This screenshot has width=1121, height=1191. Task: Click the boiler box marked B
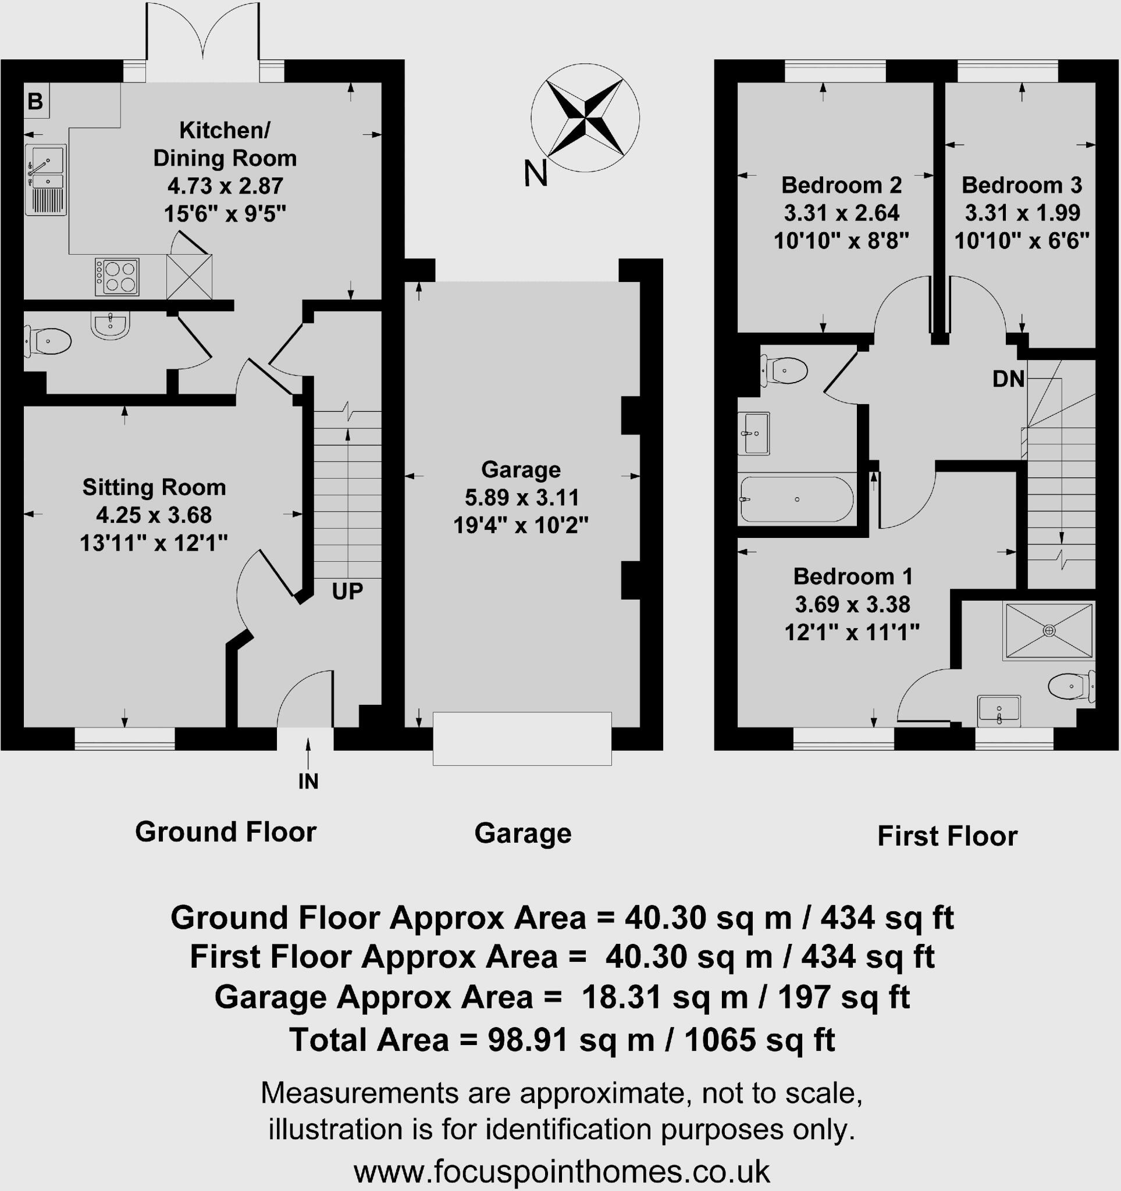coord(35,101)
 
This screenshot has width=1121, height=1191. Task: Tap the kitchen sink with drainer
coord(45,179)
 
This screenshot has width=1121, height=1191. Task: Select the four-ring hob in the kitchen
coord(117,277)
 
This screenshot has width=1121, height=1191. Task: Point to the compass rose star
coord(585,117)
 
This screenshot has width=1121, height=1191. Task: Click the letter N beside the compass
coord(536,173)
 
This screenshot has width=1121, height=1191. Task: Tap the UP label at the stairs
coord(347,591)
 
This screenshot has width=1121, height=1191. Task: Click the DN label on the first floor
coord(1008,379)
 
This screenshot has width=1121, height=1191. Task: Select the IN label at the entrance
coord(308,781)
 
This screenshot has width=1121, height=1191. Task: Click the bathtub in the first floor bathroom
coord(796,499)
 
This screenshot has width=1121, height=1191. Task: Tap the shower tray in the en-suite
coord(1049,631)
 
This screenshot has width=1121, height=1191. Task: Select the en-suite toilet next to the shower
coord(1070,687)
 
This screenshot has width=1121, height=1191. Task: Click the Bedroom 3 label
coord(1022,185)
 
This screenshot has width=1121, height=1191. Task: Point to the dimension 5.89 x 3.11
coord(521,497)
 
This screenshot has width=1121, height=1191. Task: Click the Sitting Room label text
coord(154,487)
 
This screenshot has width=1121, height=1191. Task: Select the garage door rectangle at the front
coord(522,738)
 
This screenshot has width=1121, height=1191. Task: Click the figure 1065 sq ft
coord(759,1039)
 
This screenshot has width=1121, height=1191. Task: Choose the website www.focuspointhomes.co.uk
coord(561,1171)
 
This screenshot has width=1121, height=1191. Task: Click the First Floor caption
coord(947,836)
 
